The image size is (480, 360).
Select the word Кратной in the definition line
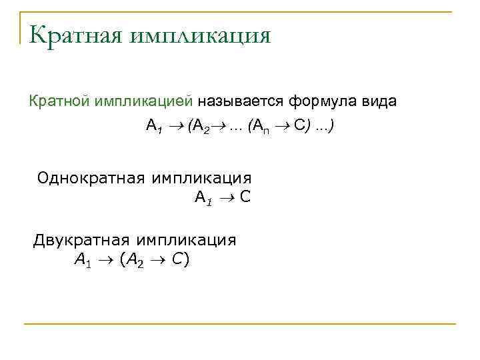61,101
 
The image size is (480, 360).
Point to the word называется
241,101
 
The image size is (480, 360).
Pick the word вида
378,101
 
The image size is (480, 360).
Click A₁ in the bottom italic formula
82,260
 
